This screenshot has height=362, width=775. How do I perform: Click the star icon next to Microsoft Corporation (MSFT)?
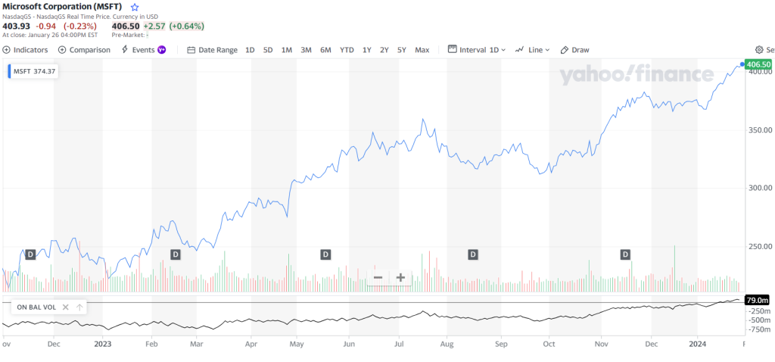[135, 7]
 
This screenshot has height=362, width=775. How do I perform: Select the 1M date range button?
[287, 50]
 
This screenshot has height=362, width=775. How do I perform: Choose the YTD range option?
[347, 50]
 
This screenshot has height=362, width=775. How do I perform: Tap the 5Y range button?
[402, 50]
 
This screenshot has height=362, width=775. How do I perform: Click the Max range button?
[422, 50]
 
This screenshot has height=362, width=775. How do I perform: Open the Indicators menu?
[26, 50]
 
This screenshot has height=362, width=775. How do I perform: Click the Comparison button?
[84, 50]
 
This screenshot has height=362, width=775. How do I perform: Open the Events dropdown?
[144, 50]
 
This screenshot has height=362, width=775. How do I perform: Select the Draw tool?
[575, 50]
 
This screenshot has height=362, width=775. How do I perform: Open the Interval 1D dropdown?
[478, 50]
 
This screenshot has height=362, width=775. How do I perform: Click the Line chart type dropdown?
[533, 50]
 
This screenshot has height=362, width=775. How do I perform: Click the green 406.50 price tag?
[758, 65]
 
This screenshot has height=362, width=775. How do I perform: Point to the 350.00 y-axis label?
[758, 130]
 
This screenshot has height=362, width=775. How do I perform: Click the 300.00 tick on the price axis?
[758, 188]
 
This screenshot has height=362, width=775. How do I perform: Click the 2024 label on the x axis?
[697, 343]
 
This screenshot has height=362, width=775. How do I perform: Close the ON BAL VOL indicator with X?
[66, 307]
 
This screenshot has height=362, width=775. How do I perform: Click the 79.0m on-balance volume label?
[758, 300]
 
